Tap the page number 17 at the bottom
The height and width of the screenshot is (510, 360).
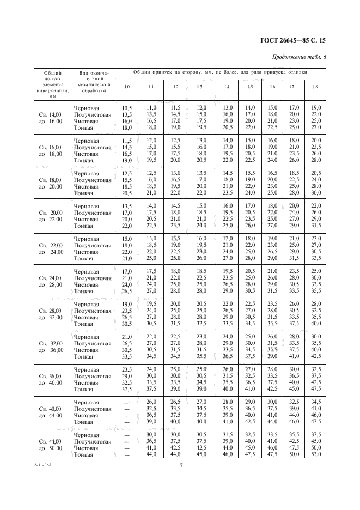click(180, 465)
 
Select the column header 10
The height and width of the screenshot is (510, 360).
click(127, 87)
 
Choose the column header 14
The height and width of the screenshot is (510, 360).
click(226, 87)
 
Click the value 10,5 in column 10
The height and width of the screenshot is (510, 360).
click(127, 108)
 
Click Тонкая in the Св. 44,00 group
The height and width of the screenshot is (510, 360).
click(83, 454)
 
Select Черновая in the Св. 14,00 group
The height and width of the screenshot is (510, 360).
click(87, 108)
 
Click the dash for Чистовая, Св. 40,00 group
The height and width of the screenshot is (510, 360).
click(127, 415)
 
